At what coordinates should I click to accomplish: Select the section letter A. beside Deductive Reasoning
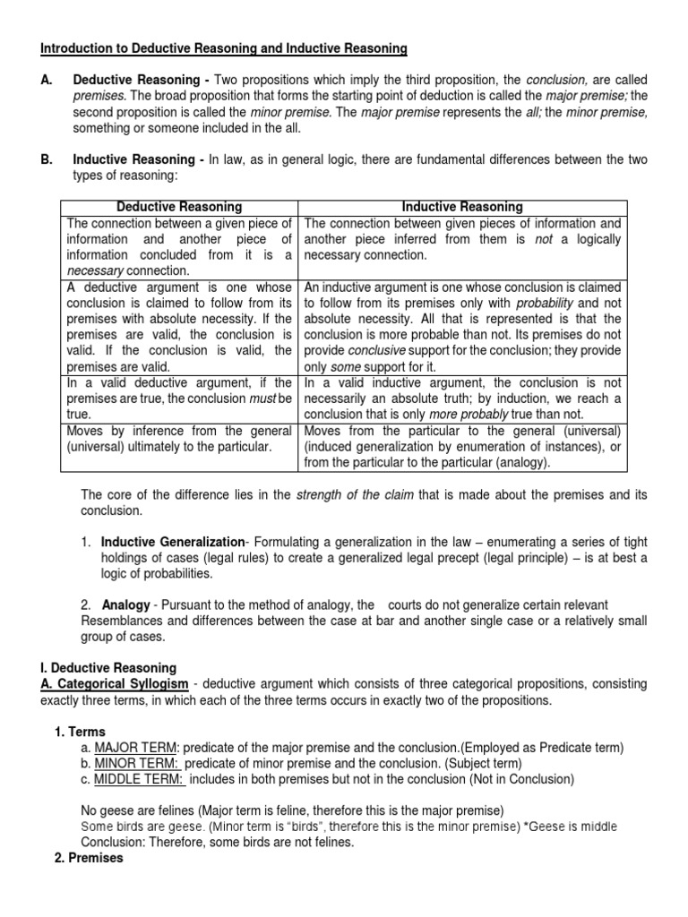click(47, 80)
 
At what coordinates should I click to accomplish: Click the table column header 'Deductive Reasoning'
click(179, 207)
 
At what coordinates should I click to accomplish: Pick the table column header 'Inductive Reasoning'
click(462, 207)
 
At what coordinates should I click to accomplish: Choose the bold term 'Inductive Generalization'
click(172, 542)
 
